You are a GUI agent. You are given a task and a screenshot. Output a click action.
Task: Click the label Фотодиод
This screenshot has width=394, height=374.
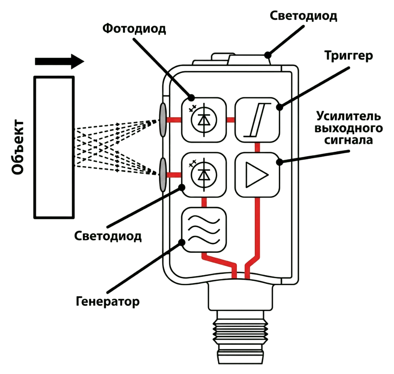134,28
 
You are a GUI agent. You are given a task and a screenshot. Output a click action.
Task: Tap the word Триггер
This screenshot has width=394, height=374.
348,56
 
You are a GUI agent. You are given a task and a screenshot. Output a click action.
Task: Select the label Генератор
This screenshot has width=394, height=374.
108,301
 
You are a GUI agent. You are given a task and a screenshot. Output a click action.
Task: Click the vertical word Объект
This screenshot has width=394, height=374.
18,147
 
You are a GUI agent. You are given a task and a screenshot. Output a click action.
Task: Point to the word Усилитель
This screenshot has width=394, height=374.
348,116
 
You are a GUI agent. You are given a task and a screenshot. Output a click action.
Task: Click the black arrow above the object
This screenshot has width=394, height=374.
60,61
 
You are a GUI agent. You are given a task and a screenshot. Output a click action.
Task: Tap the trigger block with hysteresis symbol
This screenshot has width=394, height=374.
257,120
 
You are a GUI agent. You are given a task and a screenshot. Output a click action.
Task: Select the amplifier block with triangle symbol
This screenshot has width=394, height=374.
257,175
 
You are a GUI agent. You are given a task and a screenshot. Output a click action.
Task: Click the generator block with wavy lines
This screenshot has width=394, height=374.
204,229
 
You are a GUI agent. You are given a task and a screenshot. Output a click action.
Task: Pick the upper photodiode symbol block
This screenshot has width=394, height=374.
204,120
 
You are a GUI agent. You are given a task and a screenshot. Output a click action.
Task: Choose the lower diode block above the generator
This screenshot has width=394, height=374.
204,175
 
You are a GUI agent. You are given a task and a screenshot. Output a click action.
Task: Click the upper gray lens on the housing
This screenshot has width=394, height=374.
163,120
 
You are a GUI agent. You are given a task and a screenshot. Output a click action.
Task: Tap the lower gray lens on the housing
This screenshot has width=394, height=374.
163,175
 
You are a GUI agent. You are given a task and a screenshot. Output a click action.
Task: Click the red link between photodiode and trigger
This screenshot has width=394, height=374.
231,120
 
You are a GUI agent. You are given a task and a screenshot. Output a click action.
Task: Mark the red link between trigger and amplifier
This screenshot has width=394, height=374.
257,147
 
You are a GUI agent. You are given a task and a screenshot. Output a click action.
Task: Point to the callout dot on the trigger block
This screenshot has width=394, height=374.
279,107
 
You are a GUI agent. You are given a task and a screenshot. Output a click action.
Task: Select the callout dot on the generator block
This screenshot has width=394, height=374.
181,242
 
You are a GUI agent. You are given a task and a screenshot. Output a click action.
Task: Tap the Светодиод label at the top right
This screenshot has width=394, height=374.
303,16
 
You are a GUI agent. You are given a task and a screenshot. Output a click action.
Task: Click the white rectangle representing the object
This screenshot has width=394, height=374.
54,147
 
